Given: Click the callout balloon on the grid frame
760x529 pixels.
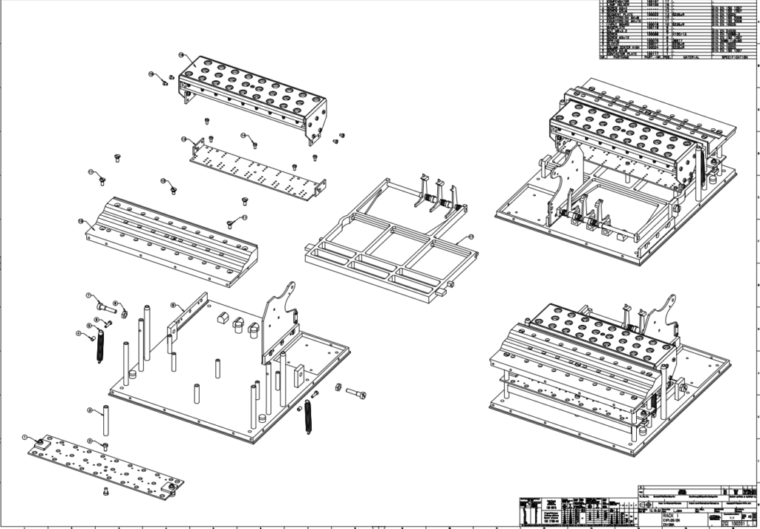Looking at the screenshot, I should click(x=469, y=236).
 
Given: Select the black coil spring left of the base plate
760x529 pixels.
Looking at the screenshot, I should click(x=99, y=346).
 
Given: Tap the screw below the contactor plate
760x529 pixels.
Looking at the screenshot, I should click(x=107, y=490).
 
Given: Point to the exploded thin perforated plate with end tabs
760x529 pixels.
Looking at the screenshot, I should click(x=256, y=171).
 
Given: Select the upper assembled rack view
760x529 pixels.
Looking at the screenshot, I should click(x=616, y=171).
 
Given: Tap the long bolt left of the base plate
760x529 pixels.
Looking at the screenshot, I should click(x=107, y=305).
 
